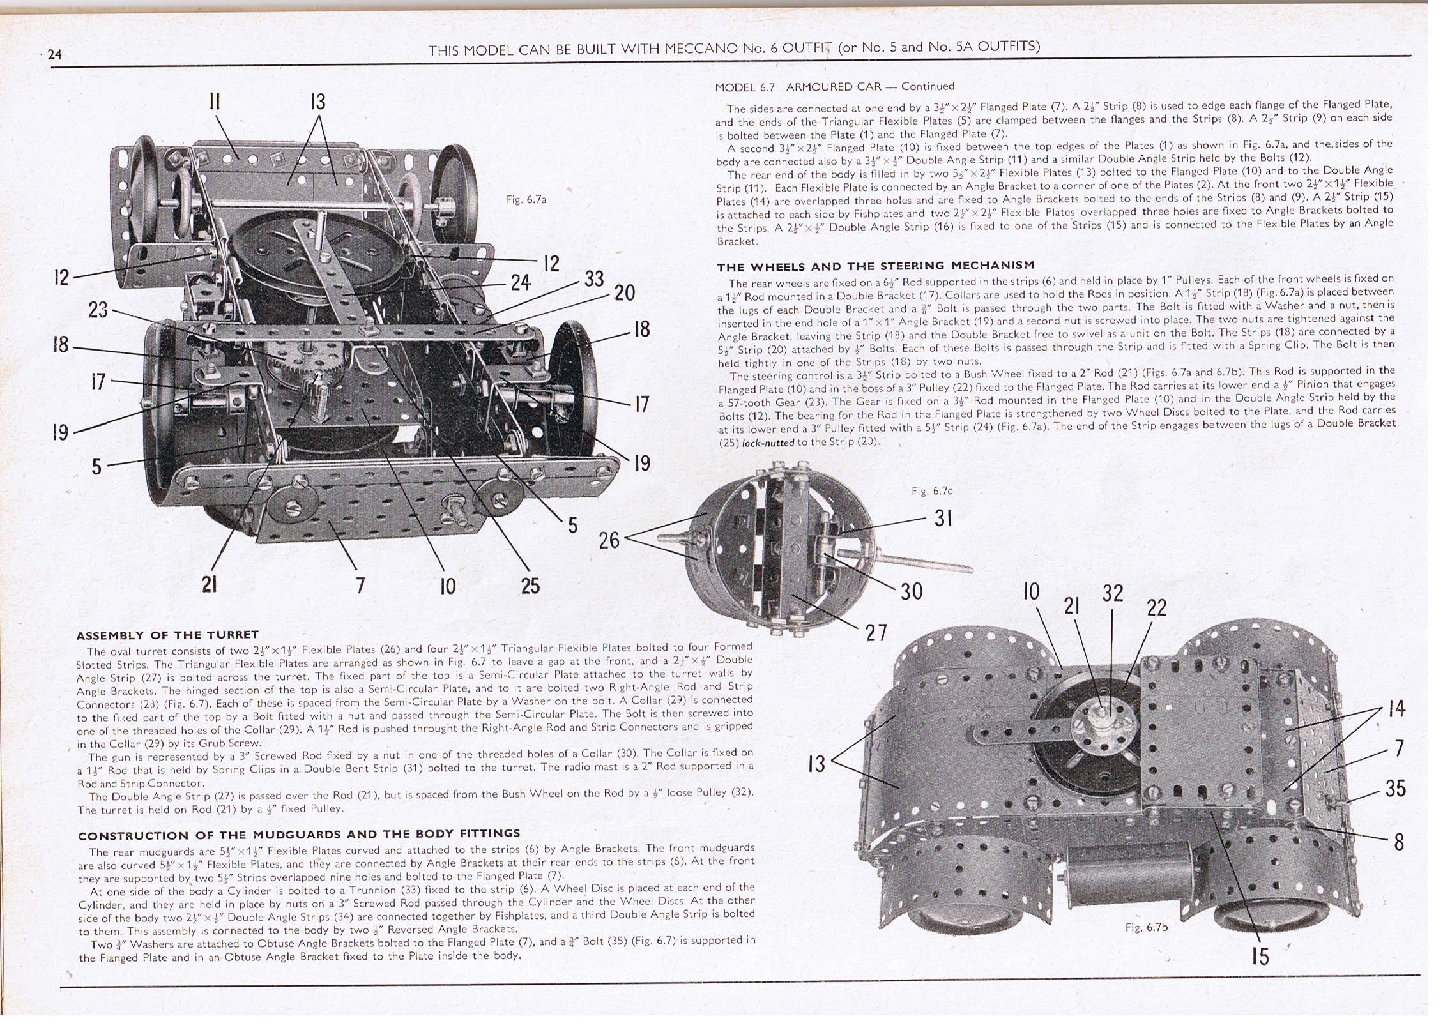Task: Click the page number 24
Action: tap(55, 54)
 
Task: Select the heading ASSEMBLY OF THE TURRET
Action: tap(167, 635)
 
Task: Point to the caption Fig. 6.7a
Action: tap(526, 200)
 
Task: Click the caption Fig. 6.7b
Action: tap(1146, 927)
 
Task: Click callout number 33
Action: tap(594, 279)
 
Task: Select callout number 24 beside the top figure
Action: tap(521, 282)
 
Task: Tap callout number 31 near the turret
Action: tap(943, 518)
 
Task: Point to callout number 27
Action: tap(876, 632)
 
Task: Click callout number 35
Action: tap(1395, 789)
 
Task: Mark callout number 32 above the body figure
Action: tap(1112, 593)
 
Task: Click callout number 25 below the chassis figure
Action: tap(530, 586)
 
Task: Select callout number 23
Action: tap(98, 310)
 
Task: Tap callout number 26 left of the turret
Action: tap(609, 540)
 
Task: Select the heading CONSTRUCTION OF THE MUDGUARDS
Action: tap(299, 834)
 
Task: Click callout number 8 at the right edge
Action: tap(1398, 842)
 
